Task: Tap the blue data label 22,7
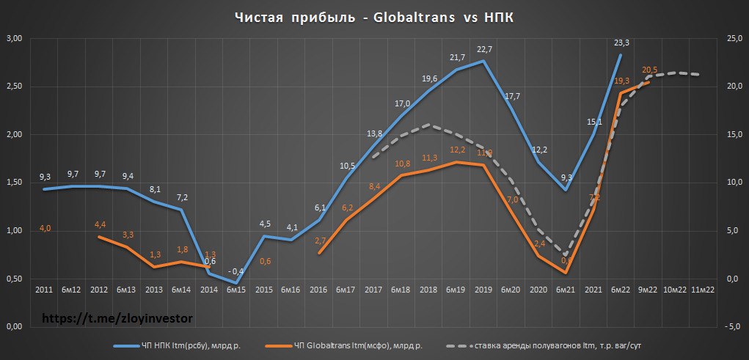[x=483, y=50]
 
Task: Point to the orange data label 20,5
[x=649, y=70]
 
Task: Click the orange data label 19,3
[x=621, y=81]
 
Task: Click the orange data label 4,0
[x=45, y=229]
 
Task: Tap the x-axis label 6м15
[x=235, y=290]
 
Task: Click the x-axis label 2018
[x=428, y=290]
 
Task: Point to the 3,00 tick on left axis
[x=15, y=38]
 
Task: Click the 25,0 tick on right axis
[x=733, y=38]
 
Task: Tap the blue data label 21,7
[x=456, y=58]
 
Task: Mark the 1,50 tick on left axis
[x=15, y=183]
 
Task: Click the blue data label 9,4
[x=127, y=176]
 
